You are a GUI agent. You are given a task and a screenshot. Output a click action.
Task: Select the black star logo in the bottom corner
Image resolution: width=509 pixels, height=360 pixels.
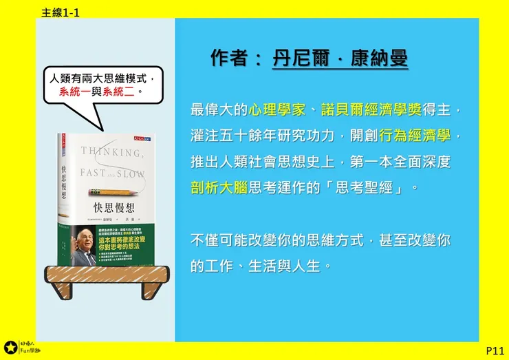[10, 348]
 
